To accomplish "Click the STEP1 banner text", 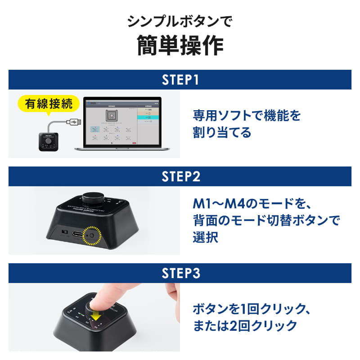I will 180,80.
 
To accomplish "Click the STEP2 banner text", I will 180,176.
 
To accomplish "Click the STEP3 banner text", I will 180,273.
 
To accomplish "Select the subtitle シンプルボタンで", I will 180,21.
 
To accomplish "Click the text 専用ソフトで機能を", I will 247,116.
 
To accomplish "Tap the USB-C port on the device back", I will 77,234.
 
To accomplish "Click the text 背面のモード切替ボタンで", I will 266,220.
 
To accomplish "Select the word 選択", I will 206,237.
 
